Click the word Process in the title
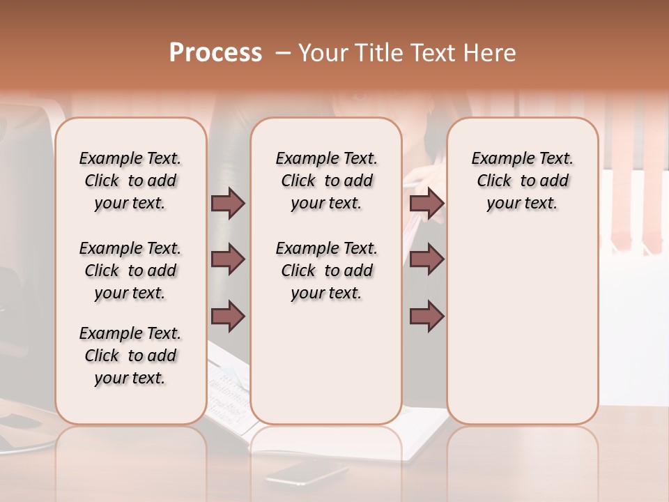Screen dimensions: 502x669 tap(215, 53)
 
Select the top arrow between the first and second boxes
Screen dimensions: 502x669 tap(228, 204)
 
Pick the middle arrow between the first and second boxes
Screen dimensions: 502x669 tap(228, 259)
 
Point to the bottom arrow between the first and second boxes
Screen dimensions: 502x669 tap(228, 316)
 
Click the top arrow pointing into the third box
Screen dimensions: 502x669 tap(426, 204)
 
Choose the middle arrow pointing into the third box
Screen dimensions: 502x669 tap(426, 259)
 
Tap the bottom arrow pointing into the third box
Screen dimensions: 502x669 tap(426, 316)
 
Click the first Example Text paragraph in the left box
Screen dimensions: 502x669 tap(130, 181)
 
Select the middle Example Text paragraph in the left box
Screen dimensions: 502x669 tap(130, 271)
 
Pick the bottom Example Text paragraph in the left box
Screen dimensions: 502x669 tap(130, 356)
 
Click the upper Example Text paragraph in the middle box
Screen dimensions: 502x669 tap(327, 181)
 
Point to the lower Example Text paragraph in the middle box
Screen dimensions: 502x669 tap(327, 271)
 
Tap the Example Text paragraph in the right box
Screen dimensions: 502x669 tap(523, 181)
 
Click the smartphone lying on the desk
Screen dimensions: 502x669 tap(306, 473)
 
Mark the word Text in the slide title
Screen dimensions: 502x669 tap(436, 53)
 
